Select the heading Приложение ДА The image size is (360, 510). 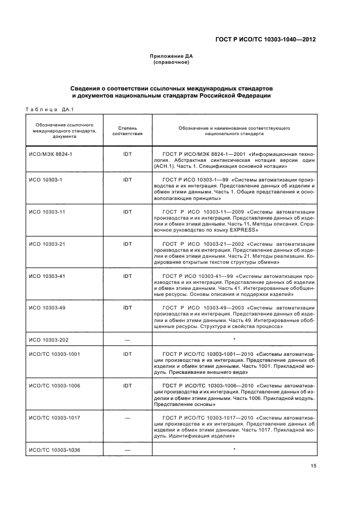[x=171, y=56]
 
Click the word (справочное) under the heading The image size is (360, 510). [x=171, y=62]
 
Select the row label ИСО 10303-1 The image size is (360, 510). [x=46, y=179]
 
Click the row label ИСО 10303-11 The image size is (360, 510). [x=47, y=211]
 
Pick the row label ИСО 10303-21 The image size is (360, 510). [x=47, y=243]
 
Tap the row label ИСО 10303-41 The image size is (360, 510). [x=47, y=276]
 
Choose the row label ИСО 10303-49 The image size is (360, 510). [x=47, y=308]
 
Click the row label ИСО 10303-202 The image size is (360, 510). [x=48, y=340]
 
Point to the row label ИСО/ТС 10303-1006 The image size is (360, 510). [x=54, y=386]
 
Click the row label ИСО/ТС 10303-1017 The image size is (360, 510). [x=54, y=418]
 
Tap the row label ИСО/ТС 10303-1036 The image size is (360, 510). [x=54, y=450]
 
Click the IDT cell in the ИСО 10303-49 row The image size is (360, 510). [x=127, y=308]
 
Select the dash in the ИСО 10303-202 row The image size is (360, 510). [x=127, y=340]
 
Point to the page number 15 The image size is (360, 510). [x=314, y=466]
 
